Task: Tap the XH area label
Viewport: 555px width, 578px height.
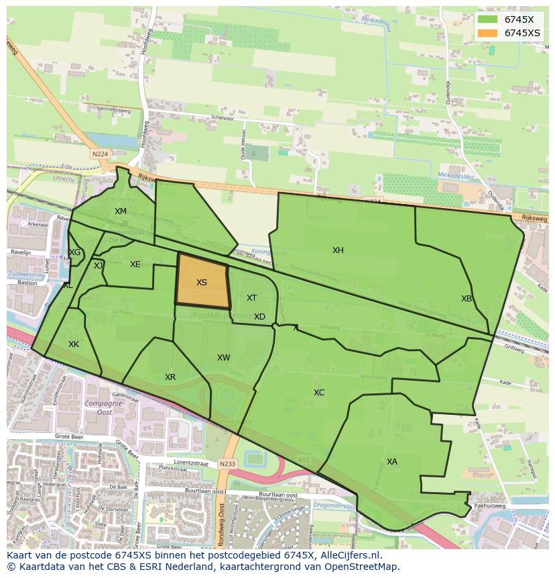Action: [x=338, y=250]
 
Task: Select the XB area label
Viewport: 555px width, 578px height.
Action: [x=467, y=299]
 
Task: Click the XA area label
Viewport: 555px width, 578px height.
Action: [x=392, y=462]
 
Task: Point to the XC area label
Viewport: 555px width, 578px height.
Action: [x=319, y=393]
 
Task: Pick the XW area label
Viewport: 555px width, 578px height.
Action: [x=224, y=358]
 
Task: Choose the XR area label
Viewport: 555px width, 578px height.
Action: [x=170, y=377]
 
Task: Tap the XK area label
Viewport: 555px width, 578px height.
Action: [x=74, y=344]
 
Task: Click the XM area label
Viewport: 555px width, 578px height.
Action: [x=121, y=211]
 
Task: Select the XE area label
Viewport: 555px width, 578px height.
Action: [x=135, y=264]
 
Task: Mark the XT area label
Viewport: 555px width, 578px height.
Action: [x=251, y=298]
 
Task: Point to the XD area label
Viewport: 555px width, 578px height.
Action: [x=259, y=317]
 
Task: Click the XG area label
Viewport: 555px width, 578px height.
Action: [x=74, y=252]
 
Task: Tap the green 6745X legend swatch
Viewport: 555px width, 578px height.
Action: [x=488, y=19]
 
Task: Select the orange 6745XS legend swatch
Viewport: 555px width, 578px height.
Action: [x=488, y=33]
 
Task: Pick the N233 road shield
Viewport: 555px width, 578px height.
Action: [x=228, y=464]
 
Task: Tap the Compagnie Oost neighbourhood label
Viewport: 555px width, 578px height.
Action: [x=99, y=408]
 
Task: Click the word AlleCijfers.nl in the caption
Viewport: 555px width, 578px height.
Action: [x=348, y=556]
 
